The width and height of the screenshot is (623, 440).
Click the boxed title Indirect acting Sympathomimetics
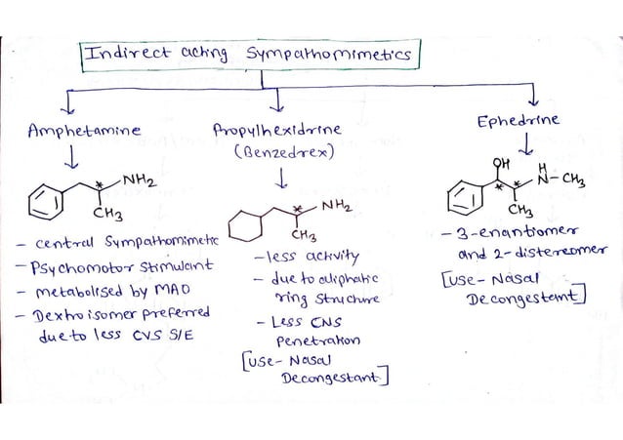point(252,57)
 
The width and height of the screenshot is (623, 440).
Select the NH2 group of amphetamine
point(141,180)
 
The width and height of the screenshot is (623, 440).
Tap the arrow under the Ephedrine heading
point(527,145)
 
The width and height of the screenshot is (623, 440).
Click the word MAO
point(182,290)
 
